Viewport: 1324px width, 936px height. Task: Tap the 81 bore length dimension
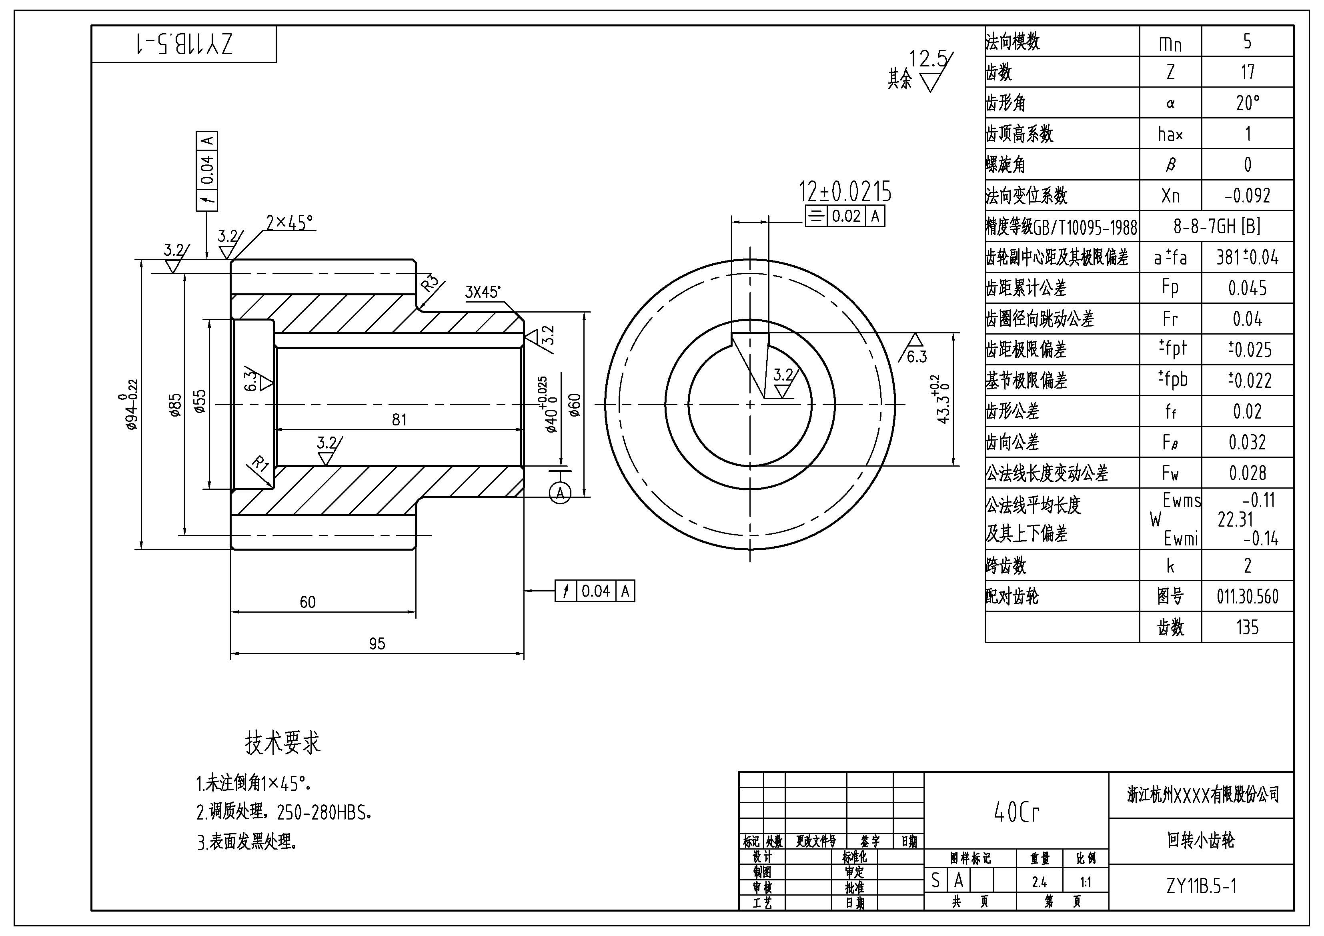(399, 419)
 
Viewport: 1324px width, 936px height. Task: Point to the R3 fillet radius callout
(430, 284)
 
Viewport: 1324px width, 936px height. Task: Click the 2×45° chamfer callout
(289, 222)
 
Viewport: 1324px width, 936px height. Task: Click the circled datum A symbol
(560, 493)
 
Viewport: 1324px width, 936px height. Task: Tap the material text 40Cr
(1016, 813)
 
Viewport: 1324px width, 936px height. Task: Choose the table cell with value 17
(1247, 72)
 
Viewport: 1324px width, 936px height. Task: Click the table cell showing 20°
(1247, 103)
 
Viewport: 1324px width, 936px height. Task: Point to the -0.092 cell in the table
(1247, 196)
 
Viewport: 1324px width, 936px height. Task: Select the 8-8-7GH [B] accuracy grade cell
(1217, 226)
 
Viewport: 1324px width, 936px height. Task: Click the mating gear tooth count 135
(1247, 627)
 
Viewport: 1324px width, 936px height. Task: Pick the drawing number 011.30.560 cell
(1247, 596)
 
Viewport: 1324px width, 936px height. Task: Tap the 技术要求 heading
(282, 743)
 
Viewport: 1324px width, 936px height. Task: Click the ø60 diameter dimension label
(575, 405)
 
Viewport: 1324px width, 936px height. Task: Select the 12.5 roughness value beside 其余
(928, 59)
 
